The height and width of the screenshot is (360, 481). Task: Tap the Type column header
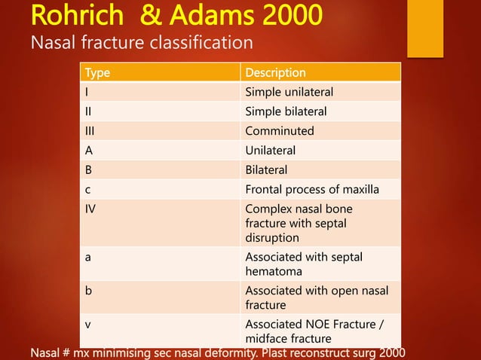97,73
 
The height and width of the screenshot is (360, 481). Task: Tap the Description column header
275,73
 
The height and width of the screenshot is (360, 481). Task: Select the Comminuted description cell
280,131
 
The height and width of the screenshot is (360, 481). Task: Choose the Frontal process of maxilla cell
312,189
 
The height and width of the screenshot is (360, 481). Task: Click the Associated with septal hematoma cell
304,264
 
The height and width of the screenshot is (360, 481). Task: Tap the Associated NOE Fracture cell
312,332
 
